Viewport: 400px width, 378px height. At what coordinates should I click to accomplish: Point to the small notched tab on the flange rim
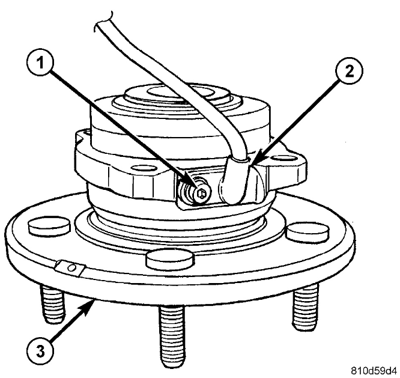click(68, 266)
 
